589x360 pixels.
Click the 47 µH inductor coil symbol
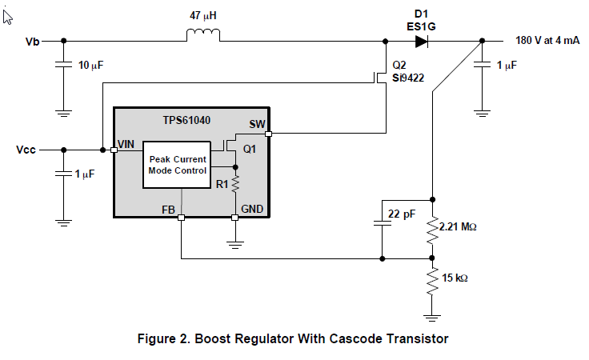pyautogui.click(x=202, y=35)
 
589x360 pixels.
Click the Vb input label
pyautogui.click(x=34, y=41)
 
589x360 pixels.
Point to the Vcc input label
pyautogui.click(x=28, y=150)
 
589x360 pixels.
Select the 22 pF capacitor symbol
pyautogui.click(x=383, y=224)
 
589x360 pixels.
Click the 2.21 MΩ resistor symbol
pyautogui.click(x=432, y=228)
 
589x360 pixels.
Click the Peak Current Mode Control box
pyautogui.click(x=177, y=165)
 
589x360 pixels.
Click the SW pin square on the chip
pyautogui.click(x=269, y=134)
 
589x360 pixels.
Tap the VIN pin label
pyautogui.click(x=126, y=144)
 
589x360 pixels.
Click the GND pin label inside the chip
pyautogui.click(x=252, y=208)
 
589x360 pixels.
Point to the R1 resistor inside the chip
pyautogui.click(x=235, y=186)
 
